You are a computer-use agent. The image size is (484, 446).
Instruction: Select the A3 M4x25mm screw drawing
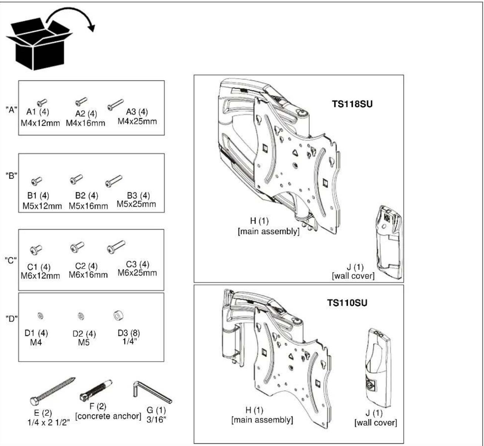pyautogui.click(x=115, y=105)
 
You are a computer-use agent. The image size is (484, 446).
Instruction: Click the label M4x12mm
pyautogui.click(x=40, y=123)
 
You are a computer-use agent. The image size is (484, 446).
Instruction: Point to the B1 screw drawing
pyautogui.click(x=37, y=181)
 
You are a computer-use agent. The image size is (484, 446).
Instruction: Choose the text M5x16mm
pyautogui.click(x=88, y=206)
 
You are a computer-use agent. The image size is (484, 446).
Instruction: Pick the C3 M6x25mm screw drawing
pyautogui.click(x=116, y=247)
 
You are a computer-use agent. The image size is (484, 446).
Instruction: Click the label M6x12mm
pyautogui.click(x=40, y=276)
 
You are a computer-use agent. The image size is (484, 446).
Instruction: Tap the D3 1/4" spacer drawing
pyautogui.click(x=119, y=316)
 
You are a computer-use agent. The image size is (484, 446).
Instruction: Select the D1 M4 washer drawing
pyautogui.click(x=40, y=316)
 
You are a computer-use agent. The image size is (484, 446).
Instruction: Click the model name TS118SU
pyautogui.click(x=352, y=104)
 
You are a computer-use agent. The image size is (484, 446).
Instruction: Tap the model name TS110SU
pyautogui.click(x=347, y=303)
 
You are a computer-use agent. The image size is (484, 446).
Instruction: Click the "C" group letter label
pyautogui.click(x=11, y=260)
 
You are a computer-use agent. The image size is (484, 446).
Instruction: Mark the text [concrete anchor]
pyautogui.click(x=108, y=416)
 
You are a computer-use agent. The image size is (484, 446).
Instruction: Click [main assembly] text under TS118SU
pyautogui.click(x=268, y=231)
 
